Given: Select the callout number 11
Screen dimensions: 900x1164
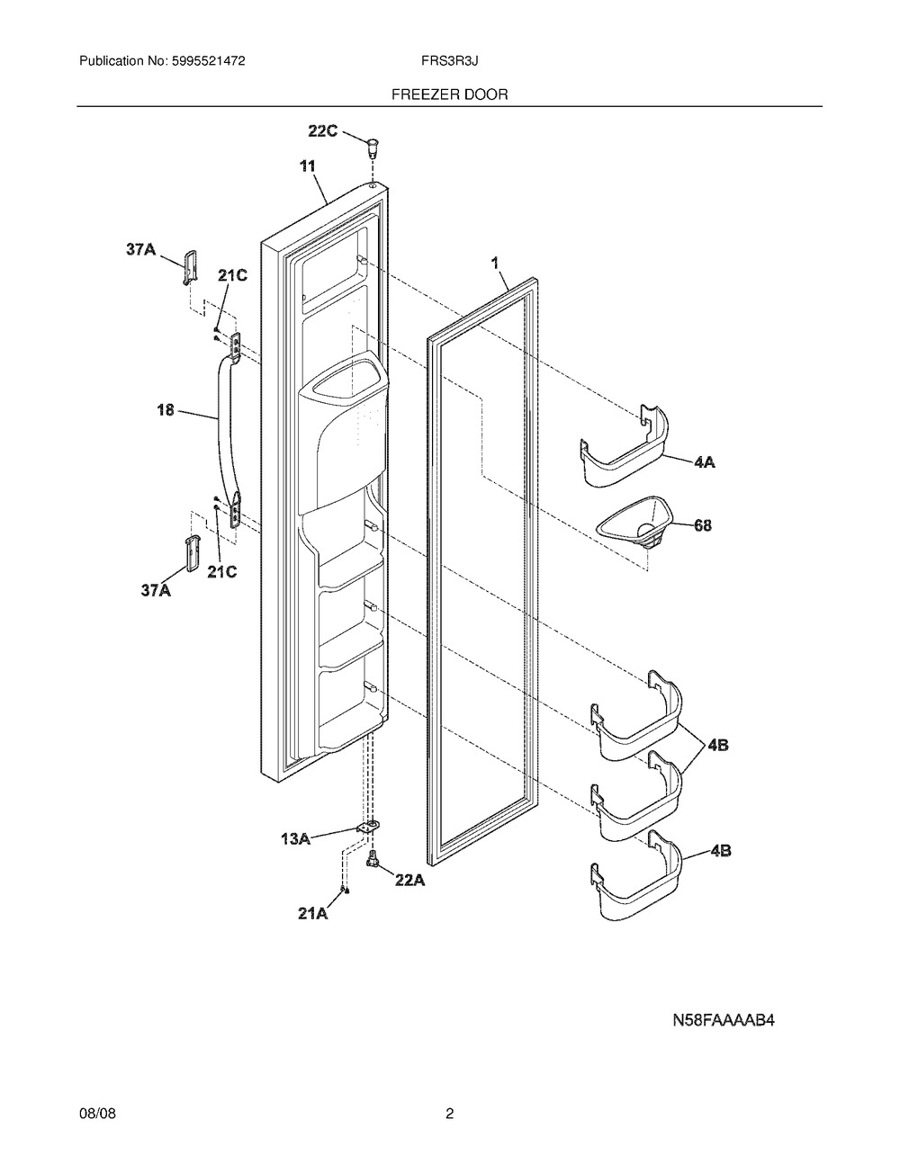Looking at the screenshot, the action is pos(308,166).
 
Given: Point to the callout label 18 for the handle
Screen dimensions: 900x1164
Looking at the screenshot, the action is pos(166,410).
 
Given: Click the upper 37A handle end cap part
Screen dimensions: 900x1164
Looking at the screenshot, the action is pos(190,267).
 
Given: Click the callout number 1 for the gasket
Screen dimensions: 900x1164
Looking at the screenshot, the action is pos(496,263).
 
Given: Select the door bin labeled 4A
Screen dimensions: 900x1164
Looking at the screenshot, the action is pos(625,447).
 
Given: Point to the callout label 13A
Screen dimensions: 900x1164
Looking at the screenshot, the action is pos(296,838).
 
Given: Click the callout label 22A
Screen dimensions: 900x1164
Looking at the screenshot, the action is pos(410,880).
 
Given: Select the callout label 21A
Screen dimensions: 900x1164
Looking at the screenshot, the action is pos(314,914).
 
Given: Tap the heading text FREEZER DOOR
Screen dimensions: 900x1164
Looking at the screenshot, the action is pos(450,94).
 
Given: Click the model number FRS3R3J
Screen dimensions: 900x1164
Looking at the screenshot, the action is pos(449,61).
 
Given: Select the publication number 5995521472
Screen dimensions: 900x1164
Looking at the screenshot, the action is pos(208,61).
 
